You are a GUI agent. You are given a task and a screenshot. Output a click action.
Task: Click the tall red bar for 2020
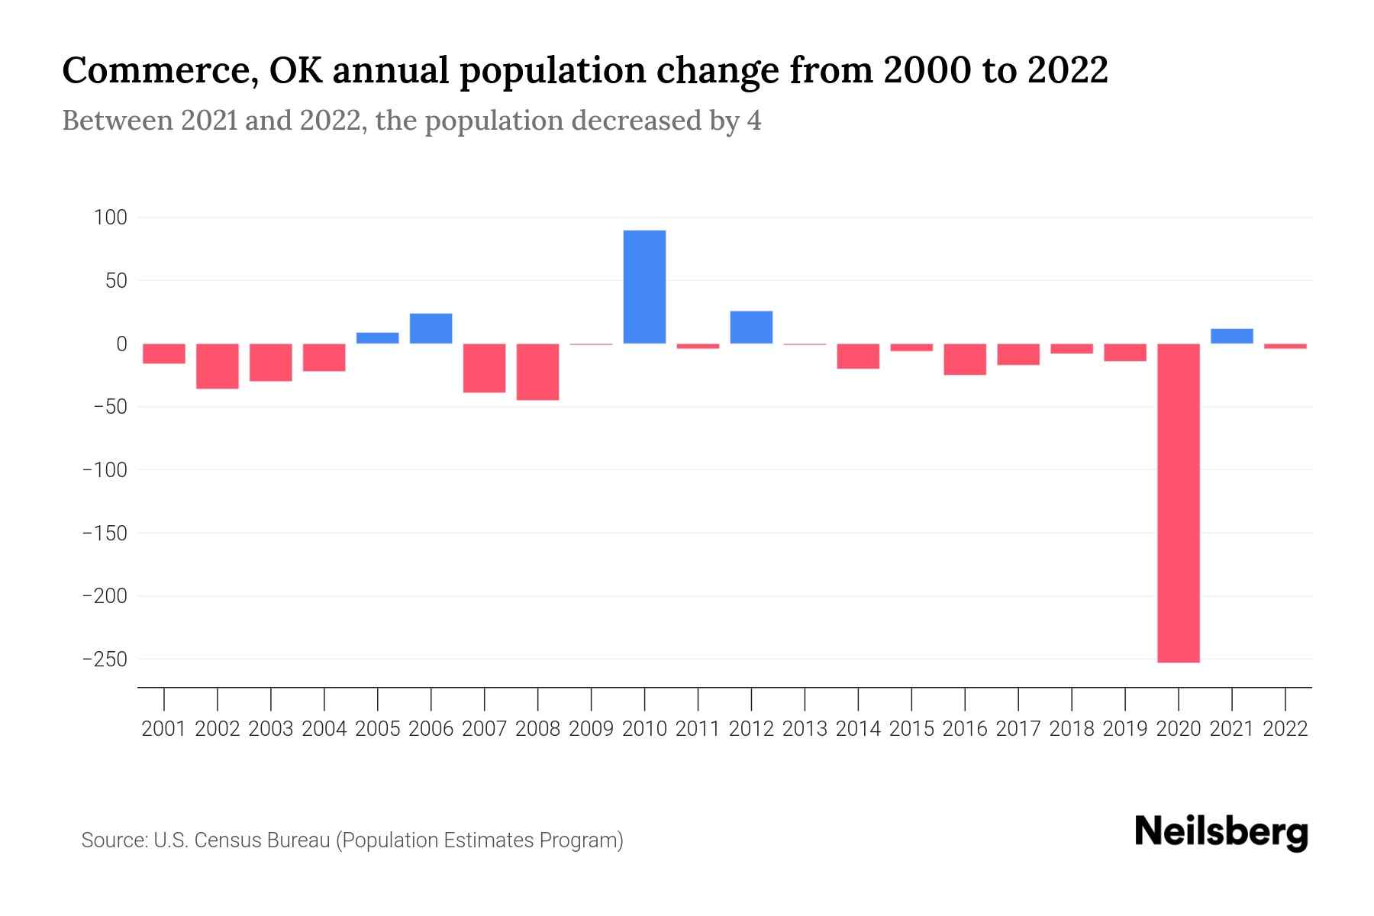point(1178,503)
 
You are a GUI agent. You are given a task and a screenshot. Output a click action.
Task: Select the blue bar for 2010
point(644,287)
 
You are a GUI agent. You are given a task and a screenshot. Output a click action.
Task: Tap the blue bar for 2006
point(431,329)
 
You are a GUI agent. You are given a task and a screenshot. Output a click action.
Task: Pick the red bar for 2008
point(537,372)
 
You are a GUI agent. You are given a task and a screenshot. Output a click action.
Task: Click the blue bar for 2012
point(751,327)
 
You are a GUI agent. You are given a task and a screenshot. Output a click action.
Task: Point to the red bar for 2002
point(218,366)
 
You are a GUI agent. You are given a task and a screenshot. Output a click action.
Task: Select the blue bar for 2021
point(1231,337)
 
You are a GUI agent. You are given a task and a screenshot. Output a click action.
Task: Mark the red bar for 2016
point(965,360)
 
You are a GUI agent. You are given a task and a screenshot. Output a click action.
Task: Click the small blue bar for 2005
point(377,338)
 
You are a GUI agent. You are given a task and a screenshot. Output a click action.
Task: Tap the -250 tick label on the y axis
point(105,659)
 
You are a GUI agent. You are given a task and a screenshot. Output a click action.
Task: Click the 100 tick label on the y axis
point(110,218)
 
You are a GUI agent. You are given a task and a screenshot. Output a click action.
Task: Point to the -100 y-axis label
point(105,470)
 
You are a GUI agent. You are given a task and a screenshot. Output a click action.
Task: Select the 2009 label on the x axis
point(591,729)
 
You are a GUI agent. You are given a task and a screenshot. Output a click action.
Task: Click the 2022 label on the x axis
point(1285,729)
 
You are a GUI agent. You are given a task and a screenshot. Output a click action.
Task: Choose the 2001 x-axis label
point(164,729)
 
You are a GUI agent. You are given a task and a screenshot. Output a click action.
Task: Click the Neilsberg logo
point(1221,832)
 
